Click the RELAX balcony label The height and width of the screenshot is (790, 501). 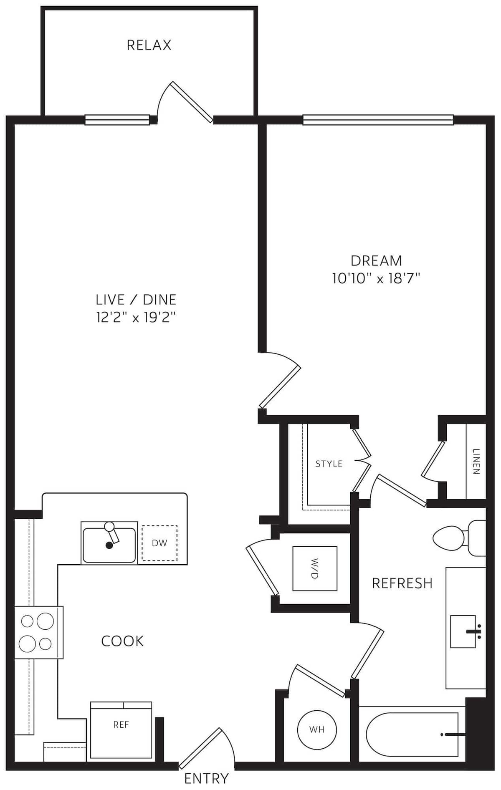pos(149,45)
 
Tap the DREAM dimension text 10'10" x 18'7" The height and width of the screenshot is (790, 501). pos(376,278)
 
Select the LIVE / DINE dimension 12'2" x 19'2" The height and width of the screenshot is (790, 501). pos(136,318)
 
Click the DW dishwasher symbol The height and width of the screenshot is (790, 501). pos(159,543)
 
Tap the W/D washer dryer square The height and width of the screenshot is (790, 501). pos(315,568)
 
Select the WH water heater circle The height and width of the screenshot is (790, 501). pos(317,729)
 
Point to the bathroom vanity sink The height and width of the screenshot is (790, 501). pos(463,631)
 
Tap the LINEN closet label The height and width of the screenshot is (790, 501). pos(476,462)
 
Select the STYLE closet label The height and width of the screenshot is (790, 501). pos(329,464)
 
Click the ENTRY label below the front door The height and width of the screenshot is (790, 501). pos(206,778)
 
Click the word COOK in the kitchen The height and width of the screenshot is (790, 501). pos(122,641)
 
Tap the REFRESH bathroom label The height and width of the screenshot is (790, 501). pos(402,583)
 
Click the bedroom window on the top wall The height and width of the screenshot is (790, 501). pos(378,120)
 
